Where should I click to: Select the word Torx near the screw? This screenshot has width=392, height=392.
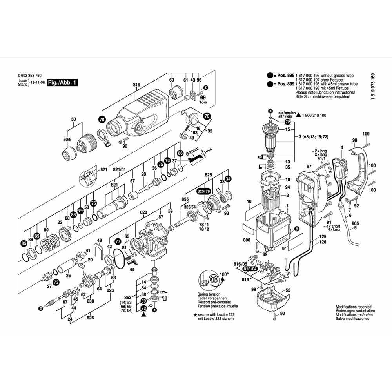tap(203, 102)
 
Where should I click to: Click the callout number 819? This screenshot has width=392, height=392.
tap(136, 84)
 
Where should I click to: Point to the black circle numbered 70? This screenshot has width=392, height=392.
tap(102, 120)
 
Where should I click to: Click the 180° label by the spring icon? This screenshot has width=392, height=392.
tap(224, 274)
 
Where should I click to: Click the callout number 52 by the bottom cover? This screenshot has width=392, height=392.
tap(288, 290)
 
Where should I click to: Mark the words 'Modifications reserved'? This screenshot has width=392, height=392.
tap(353, 307)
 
